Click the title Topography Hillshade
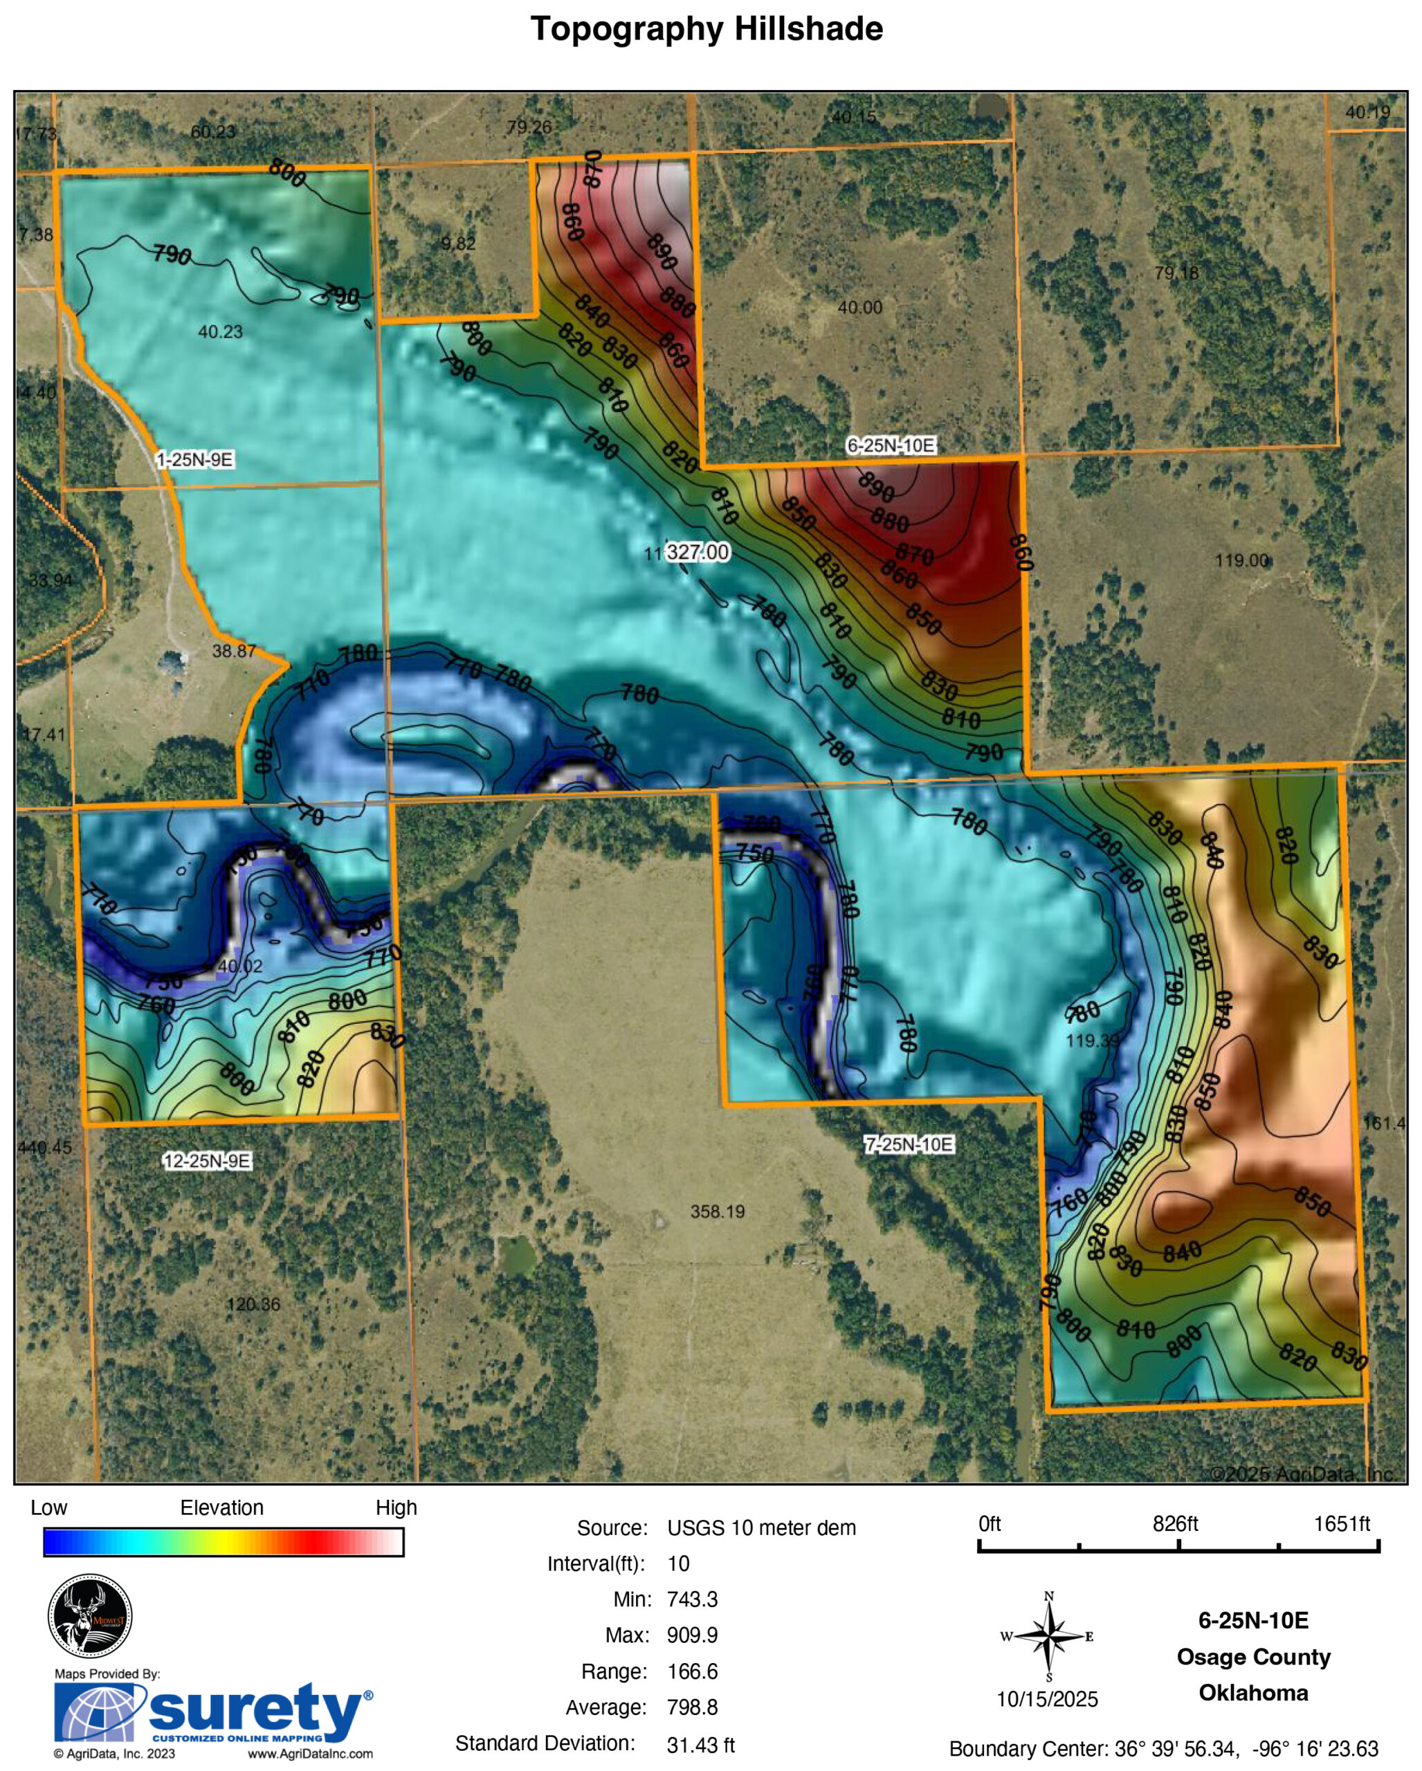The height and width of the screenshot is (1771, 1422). (707, 29)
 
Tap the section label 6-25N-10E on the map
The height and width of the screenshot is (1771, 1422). (891, 446)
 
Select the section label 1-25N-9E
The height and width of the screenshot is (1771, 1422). (194, 459)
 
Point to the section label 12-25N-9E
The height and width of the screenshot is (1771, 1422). (206, 1161)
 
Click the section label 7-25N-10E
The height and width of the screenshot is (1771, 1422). (909, 1144)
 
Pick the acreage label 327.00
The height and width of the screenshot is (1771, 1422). (697, 552)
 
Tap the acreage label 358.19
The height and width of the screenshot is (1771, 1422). (717, 1211)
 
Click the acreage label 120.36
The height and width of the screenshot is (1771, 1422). (253, 1303)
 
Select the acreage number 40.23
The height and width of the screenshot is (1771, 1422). (220, 332)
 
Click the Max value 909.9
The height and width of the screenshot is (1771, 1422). (692, 1635)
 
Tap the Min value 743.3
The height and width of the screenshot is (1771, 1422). (692, 1599)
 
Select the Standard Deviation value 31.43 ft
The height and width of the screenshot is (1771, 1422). (700, 1745)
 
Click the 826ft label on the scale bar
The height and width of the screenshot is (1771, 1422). (1175, 1524)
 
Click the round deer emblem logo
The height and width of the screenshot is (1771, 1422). (89, 1616)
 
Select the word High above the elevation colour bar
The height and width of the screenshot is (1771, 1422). (396, 1507)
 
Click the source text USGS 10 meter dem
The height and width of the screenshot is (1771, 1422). (760, 1528)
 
